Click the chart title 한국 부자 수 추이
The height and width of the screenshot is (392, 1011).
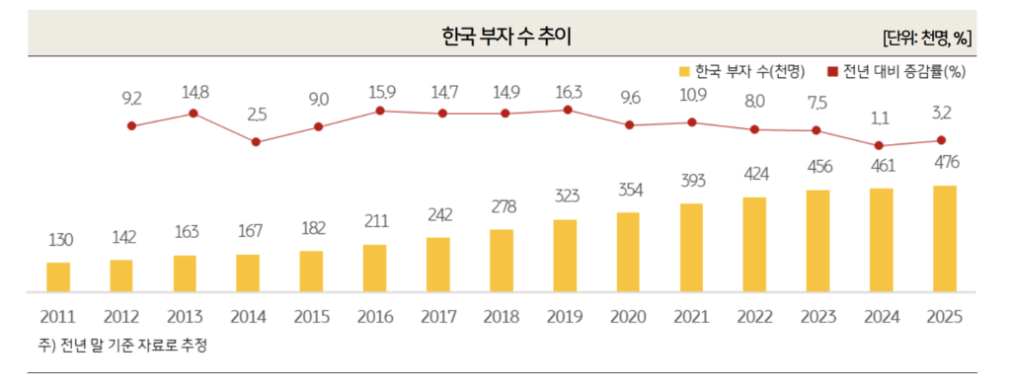pyautogui.click(x=505, y=37)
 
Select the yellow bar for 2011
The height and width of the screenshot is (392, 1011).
pyautogui.click(x=58, y=277)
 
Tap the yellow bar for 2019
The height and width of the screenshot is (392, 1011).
pyautogui.click(x=565, y=256)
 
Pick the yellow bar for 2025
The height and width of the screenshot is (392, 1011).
pyautogui.click(x=945, y=239)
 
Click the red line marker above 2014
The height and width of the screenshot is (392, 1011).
pyautogui.click(x=256, y=142)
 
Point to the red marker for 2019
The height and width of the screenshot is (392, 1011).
pyautogui.click(x=567, y=110)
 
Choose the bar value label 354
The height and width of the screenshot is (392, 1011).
pyautogui.click(x=628, y=190)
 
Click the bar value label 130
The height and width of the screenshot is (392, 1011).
pyautogui.click(x=59, y=240)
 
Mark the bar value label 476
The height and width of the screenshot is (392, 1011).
pyautogui.click(x=945, y=162)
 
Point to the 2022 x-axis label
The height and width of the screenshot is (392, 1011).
pyautogui.click(x=755, y=318)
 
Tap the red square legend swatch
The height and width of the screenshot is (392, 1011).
pyautogui.click(x=832, y=72)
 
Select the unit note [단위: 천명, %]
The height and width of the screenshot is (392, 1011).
pyautogui.click(x=927, y=38)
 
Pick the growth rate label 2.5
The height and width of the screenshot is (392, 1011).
pyautogui.click(x=257, y=115)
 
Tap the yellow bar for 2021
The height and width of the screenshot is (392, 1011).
pyautogui.click(x=691, y=248)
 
